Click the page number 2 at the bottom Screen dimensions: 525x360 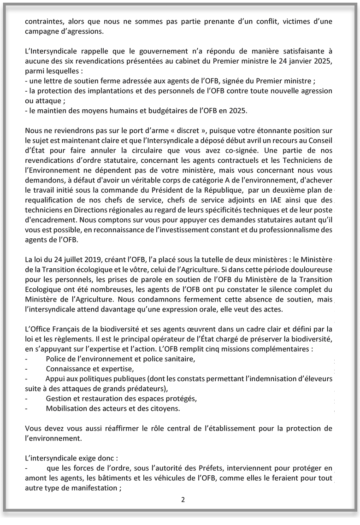tap(183, 500)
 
